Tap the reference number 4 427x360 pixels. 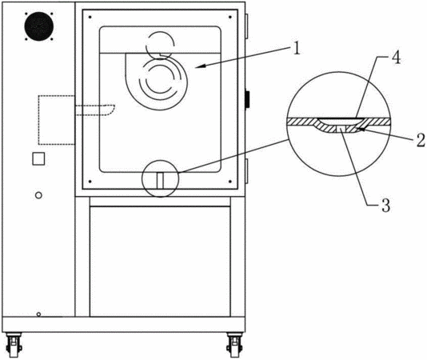tap(397, 58)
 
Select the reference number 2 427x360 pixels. tap(421, 140)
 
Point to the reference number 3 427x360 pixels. tap(386, 206)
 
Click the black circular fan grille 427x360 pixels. tap(39, 26)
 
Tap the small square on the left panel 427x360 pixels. tap(38, 158)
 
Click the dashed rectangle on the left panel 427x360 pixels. tap(56, 120)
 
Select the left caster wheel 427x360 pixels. tap(14, 346)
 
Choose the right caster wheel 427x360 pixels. tap(234, 346)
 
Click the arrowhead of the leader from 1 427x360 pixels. tap(199, 66)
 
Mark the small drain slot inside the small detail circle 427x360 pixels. tap(160, 181)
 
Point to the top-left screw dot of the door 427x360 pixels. tap(90, 17)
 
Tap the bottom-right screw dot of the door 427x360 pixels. tap(230, 182)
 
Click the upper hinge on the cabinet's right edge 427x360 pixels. tap(247, 26)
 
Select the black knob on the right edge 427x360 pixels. tap(248, 99)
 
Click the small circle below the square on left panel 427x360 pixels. tap(38, 195)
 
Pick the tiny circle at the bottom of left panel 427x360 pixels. tap(38, 314)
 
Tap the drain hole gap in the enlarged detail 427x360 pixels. tap(341, 128)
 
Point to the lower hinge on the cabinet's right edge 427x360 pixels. tap(247, 171)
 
